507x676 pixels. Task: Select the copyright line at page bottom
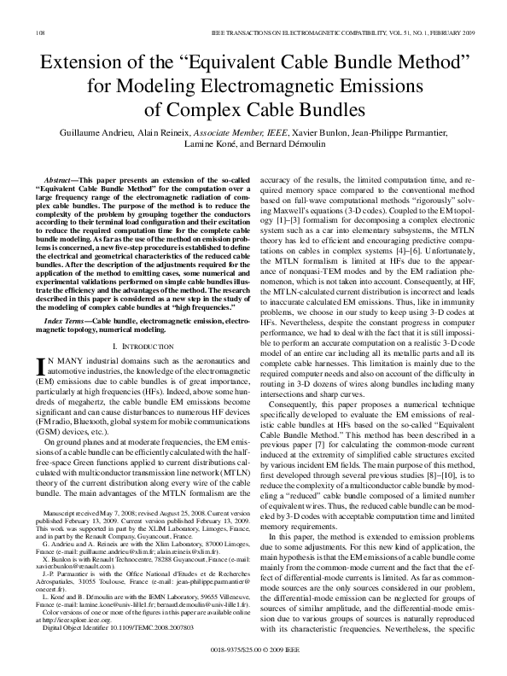pos(253,648)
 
